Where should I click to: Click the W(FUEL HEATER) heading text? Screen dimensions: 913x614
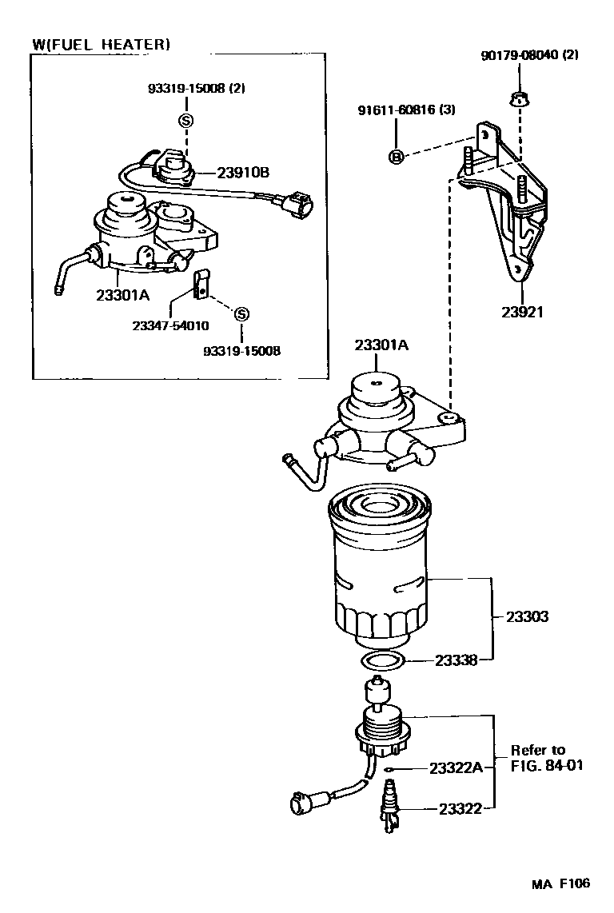pyautogui.click(x=101, y=45)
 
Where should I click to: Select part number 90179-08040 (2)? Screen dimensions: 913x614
pyautogui.click(x=529, y=55)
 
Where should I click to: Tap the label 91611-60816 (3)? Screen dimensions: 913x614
pyautogui.click(x=406, y=110)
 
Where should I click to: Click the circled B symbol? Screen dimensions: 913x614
pyautogui.click(x=394, y=157)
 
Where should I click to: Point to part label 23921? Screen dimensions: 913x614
pyautogui.click(x=521, y=312)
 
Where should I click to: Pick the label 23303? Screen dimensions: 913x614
pyautogui.click(x=527, y=617)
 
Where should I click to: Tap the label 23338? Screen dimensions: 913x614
pyautogui.click(x=457, y=660)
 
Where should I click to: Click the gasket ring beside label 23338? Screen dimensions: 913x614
pyautogui.click(x=382, y=661)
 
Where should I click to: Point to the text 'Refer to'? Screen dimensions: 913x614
pyautogui.click(x=538, y=750)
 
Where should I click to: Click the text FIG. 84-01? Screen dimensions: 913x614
pyautogui.click(x=547, y=766)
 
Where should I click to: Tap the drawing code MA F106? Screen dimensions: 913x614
pyautogui.click(x=562, y=883)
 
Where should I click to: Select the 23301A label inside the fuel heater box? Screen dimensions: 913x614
pyautogui.click(x=122, y=294)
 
